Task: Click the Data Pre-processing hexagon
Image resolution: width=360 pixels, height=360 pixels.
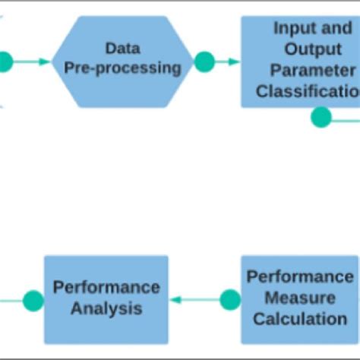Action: pos(122,61)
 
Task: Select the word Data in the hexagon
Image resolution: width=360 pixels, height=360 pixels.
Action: pos(122,49)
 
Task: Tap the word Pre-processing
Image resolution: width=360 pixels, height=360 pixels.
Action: pos(122,68)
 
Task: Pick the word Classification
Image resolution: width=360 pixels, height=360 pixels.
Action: pos(308,92)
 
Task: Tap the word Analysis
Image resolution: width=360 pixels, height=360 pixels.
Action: pos(106,308)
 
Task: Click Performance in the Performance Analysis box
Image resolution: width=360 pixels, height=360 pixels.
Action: pos(106,288)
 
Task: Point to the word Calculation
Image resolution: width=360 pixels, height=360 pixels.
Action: pos(300,319)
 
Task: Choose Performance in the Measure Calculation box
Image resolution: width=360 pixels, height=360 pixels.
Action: pos(300,276)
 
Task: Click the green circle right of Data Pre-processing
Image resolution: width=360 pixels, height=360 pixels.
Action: pos(204,62)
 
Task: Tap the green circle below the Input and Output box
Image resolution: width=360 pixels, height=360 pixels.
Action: pos(321,117)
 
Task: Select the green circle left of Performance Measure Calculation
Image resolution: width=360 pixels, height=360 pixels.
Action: pos(230,300)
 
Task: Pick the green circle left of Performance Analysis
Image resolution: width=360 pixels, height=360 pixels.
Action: pos(33,301)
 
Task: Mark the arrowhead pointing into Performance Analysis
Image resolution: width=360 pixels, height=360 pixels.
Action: pos(174,300)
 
